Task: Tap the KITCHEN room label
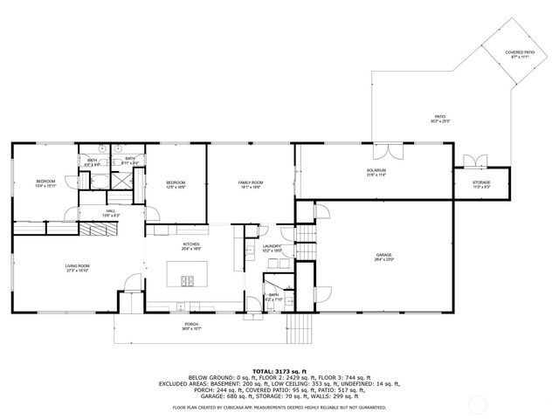point(191,244)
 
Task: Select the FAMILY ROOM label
point(251,182)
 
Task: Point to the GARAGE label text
point(384,255)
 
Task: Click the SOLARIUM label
point(376,172)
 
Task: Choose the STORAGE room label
point(481,182)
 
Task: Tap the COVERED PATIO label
point(521,52)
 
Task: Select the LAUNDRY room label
point(272,247)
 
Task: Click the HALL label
point(112,210)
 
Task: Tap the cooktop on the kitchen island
point(188,281)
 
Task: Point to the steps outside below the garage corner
point(300,329)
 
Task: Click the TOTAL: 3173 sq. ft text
point(279,370)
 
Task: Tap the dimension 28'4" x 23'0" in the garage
point(384,260)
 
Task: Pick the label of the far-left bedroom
point(45,182)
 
